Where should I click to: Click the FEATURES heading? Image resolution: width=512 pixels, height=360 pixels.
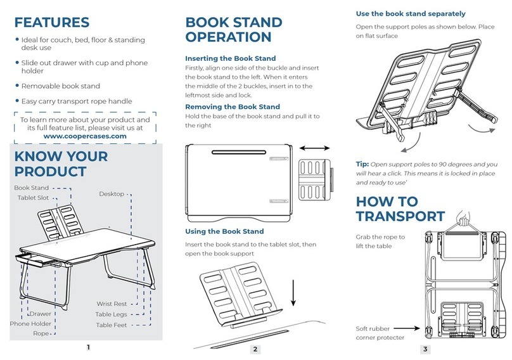pos(52,23)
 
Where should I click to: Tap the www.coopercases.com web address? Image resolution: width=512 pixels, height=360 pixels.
pos(85,136)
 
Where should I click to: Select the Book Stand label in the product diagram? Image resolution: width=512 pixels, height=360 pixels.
pos(31,188)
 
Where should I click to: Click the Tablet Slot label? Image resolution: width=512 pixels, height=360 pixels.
pos(33,198)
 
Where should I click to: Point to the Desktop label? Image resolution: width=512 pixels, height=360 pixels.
pos(112,194)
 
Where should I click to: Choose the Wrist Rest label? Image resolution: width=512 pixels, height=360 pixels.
pos(112,304)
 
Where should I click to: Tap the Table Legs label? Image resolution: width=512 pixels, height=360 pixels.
pos(111,314)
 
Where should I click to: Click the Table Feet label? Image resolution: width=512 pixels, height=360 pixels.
pos(112,325)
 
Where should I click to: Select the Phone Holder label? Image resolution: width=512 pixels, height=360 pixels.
pos(30,324)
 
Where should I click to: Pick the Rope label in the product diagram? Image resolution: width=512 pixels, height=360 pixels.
pos(41,333)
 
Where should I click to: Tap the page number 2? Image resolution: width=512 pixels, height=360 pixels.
pos(255,349)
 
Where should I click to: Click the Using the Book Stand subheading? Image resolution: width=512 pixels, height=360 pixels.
pos(224,231)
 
